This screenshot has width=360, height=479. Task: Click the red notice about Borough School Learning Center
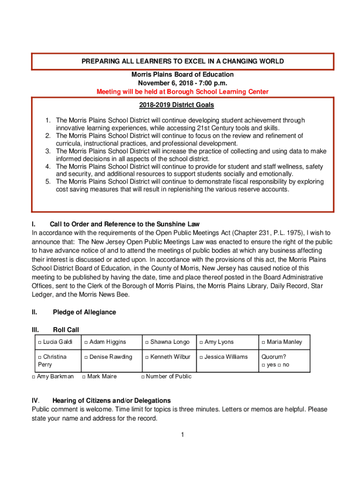pos(182,92)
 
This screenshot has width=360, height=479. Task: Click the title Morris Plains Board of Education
pos(182,75)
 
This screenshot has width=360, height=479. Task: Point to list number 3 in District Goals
pos(48,152)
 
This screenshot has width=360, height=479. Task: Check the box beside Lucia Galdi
pos(40,342)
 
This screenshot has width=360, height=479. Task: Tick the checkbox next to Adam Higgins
pos(86,342)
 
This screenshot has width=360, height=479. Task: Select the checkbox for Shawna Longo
pos(147,342)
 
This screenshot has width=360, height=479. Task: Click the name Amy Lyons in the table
pos(219,342)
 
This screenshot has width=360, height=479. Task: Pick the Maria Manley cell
pos(284,342)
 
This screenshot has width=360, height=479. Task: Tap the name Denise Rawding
pos(111,357)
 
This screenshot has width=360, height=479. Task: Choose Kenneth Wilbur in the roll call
pos(170,357)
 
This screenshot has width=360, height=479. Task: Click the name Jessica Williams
pos(226,357)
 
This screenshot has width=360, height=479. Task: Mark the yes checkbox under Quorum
pos(263,365)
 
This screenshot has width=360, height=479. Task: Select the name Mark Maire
pos(102,377)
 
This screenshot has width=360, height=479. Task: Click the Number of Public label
pos(169,377)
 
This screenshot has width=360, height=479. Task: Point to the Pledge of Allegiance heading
pos(84,312)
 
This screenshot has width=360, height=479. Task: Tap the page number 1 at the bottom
pos(183,435)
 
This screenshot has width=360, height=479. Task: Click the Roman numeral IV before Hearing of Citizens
pos(35,401)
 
